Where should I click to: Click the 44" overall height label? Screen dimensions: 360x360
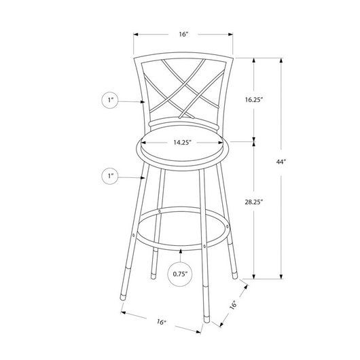(x=281, y=162)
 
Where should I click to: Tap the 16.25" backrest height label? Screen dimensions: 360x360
(x=254, y=100)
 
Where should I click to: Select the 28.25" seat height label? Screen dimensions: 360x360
(x=254, y=202)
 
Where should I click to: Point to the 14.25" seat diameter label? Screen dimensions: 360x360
(x=182, y=143)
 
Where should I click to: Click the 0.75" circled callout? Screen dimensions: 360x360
(x=180, y=274)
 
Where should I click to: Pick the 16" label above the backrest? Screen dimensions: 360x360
(x=183, y=34)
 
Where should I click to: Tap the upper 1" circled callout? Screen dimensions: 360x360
(x=110, y=100)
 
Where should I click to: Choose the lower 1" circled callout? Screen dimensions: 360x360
(x=110, y=176)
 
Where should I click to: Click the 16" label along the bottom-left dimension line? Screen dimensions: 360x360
(x=162, y=322)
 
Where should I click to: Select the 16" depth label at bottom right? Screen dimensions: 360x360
(x=233, y=305)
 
